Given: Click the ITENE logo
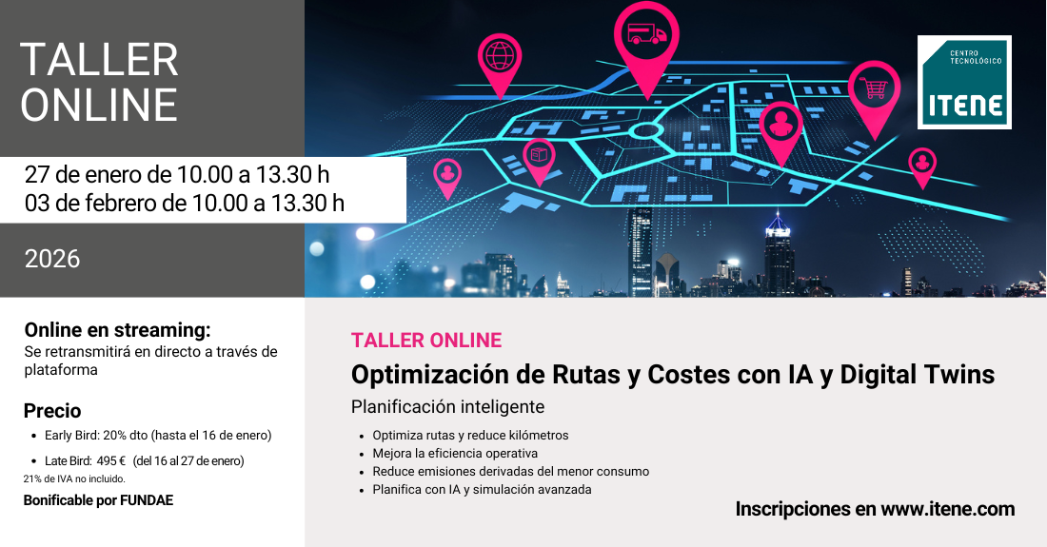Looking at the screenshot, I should [x=964, y=82].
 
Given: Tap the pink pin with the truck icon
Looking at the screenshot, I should [x=646, y=36].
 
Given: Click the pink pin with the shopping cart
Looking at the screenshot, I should [x=874, y=89].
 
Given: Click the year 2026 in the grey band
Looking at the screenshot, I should [x=52, y=259].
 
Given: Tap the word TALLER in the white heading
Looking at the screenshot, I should [x=99, y=61].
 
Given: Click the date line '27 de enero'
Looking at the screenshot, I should [x=177, y=175].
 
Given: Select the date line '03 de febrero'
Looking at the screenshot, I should [x=185, y=203].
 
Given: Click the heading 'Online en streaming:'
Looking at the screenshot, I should [x=117, y=330].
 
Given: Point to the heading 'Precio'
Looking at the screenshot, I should [x=52, y=411].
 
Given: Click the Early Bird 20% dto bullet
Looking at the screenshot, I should [x=158, y=436].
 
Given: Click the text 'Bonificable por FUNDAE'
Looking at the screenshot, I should [x=98, y=500].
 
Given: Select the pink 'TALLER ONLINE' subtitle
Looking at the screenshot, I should [x=425, y=340].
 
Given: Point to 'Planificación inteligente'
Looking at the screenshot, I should [x=447, y=407].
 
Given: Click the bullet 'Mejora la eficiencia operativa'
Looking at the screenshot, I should [x=455, y=453].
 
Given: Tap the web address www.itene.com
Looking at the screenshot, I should [x=947, y=509].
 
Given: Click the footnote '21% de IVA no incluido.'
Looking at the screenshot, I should [x=72, y=479].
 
